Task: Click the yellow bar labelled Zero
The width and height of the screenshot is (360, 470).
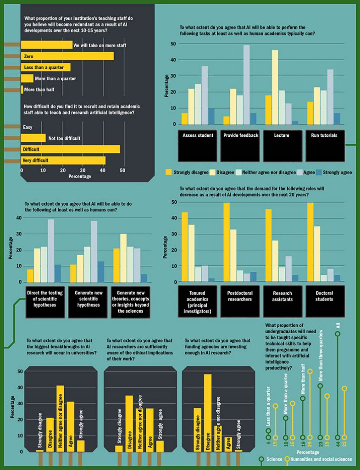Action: click(67, 56)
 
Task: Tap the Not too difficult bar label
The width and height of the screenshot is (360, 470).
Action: click(64, 138)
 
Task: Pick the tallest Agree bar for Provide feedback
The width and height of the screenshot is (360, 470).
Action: click(246, 84)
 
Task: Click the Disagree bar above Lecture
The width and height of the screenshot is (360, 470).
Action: click(275, 87)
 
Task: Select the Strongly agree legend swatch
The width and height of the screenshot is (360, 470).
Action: click(318, 172)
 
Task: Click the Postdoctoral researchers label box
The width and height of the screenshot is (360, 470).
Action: click(239, 301)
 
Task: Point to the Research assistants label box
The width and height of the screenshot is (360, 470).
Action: click(282, 301)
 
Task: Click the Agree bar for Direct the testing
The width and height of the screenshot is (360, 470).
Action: click(51, 251)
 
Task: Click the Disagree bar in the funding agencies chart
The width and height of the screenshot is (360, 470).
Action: click(208, 413)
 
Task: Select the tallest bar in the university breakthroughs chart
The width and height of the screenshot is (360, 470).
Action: click(60, 418)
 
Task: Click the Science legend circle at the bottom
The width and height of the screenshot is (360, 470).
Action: click(261, 459)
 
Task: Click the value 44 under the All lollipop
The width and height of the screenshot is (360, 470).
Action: click(338, 444)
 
